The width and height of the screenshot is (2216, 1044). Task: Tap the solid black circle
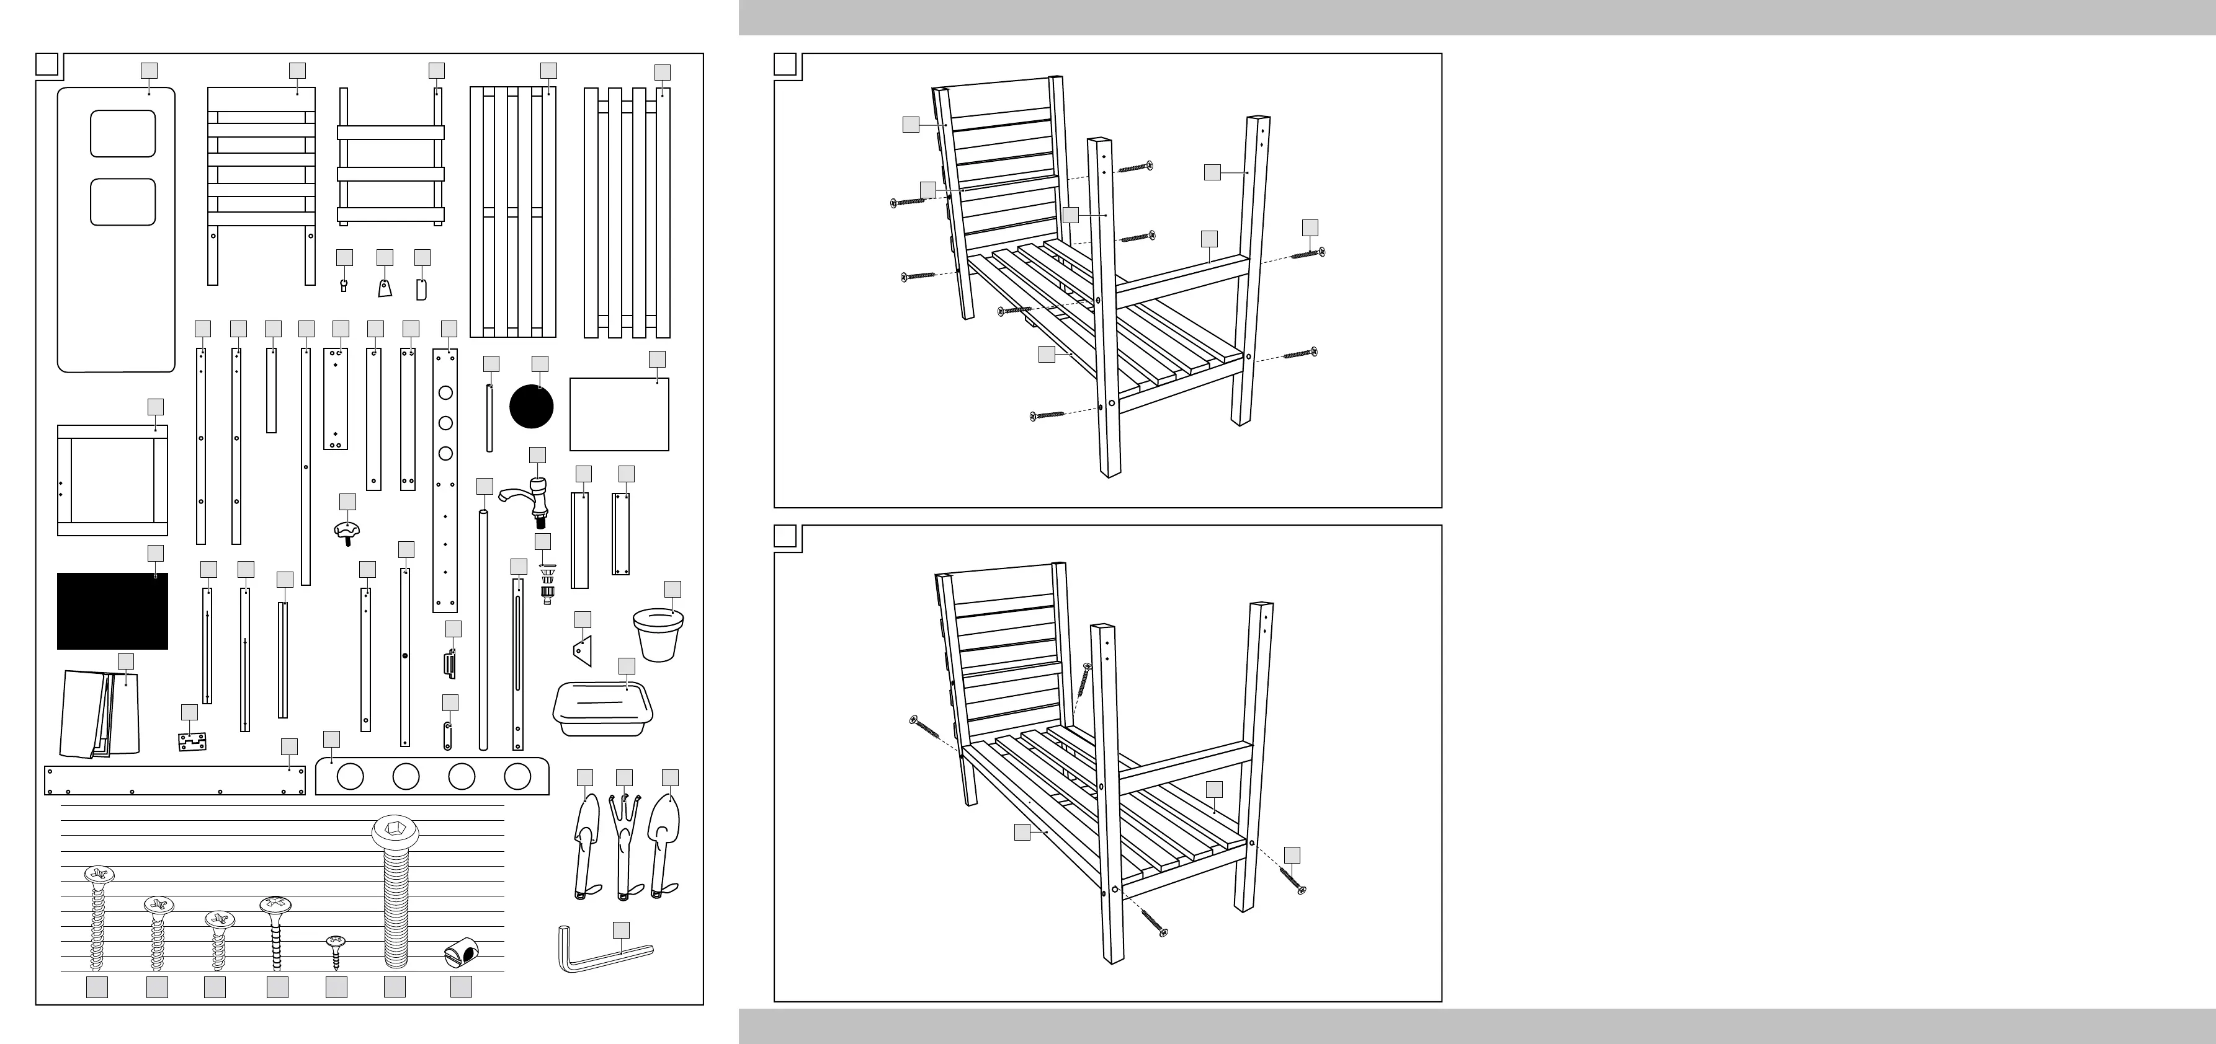532,407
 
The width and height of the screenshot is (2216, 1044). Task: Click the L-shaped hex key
602,955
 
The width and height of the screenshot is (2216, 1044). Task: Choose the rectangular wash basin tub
602,708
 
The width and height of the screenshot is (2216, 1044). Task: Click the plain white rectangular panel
619,415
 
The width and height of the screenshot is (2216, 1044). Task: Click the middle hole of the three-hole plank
445,423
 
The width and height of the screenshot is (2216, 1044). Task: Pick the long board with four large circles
432,776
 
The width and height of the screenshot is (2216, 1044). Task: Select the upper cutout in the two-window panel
123,133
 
